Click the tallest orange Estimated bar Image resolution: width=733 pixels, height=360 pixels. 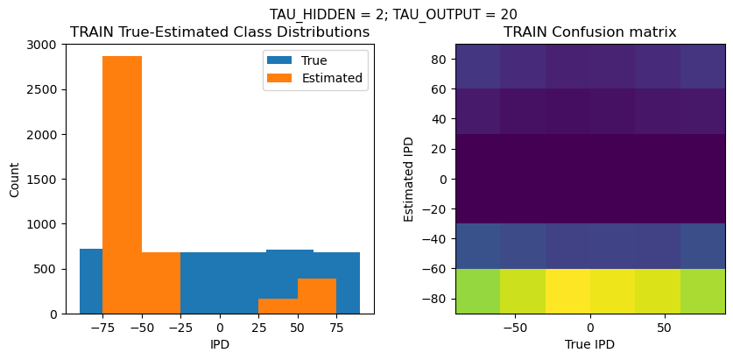coord(122,185)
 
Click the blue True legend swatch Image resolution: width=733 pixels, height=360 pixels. coord(279,60)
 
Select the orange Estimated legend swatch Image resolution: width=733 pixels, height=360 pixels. coord(279,78)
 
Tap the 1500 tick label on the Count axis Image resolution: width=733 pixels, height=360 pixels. coord(46,180)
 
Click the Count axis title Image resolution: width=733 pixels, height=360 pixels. coord(15,180)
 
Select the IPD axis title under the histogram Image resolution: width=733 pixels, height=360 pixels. coord(220,344)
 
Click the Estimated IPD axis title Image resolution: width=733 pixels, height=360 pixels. coord(409,180)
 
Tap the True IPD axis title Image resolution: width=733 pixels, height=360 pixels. coord(590,344)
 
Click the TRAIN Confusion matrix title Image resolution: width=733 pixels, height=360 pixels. coord(590,32)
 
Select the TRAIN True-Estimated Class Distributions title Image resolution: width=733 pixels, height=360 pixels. coord(220,32)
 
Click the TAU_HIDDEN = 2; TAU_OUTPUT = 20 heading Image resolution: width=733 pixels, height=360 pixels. coord(392,15)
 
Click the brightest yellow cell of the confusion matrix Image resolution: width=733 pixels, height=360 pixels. coord(567,292)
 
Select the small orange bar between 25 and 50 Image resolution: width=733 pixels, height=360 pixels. coord(278,306)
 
